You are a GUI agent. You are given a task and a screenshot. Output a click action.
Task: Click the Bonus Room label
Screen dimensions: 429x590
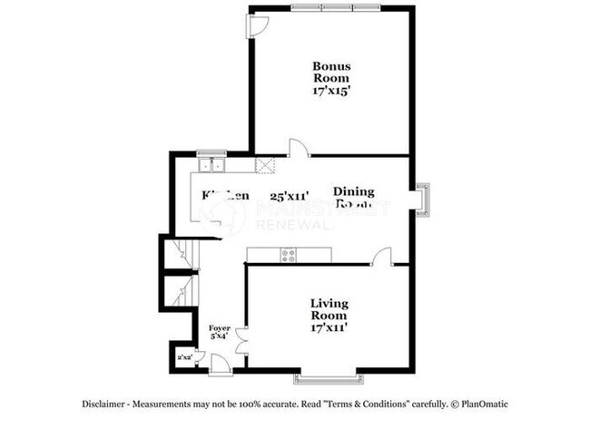click(x=331, y=72)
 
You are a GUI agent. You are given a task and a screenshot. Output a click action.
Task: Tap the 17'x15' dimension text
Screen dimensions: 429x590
click(x=331, y=91)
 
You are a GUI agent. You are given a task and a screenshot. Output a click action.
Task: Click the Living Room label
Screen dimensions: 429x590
click(x=329, y=309)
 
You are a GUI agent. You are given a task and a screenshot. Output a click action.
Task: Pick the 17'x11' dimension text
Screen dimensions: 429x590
click(x=329, y=327)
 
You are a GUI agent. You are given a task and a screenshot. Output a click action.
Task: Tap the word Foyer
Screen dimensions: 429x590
click(x=220, y=327)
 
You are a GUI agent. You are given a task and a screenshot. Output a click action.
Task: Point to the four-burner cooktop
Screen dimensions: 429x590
click(x=290, y=255)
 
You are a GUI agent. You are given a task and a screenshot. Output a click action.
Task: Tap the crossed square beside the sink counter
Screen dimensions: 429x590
click(x=267, y=165)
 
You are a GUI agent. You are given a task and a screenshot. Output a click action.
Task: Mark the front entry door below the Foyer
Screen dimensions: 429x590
click(x=218, y=365)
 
